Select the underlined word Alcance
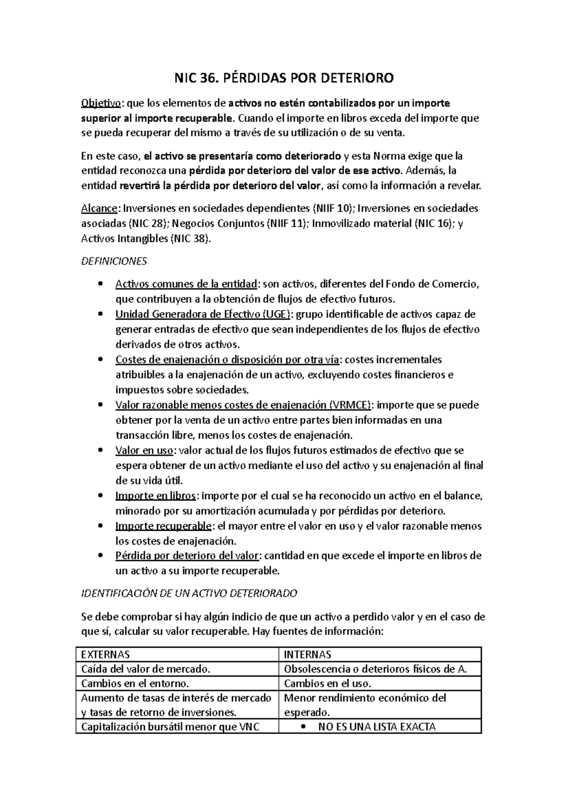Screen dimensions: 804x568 point(99,208)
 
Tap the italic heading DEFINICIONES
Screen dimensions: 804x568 point(114,261)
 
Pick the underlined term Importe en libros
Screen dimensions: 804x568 point(156,496)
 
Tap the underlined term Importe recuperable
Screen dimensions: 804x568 point(163,526)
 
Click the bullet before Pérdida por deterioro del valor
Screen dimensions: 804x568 point(99,556)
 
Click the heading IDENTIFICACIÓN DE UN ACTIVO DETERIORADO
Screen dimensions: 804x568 point(189,593)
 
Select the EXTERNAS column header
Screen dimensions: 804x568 point(106,655)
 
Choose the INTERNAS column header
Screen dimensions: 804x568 point(307,655)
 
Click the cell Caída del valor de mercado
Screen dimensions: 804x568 point(145,669)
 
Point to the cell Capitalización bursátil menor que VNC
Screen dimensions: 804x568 point(170,727)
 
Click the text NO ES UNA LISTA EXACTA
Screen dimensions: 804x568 point(377,727)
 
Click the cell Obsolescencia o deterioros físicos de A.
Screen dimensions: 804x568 point(375,669)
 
